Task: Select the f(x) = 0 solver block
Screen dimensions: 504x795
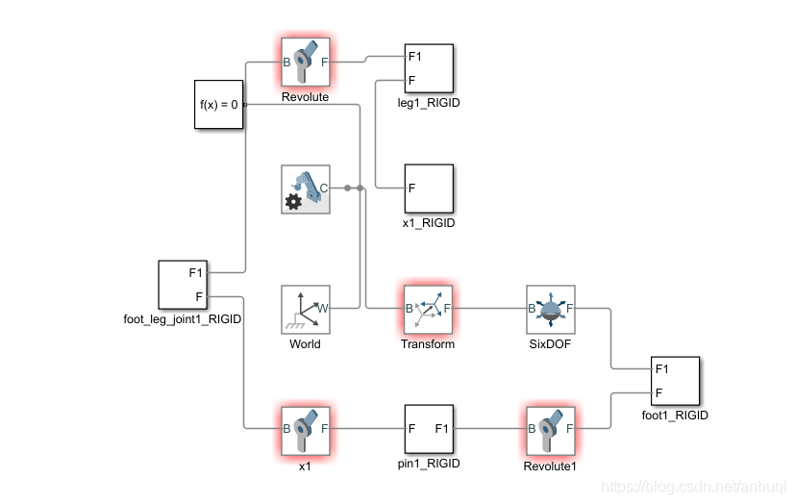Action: click(x=218, y=104)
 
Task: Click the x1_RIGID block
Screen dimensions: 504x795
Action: click(x=428, y=189)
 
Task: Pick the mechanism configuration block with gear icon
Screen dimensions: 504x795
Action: click(x=305, y=189)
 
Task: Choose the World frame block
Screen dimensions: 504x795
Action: click(x=305, y=309)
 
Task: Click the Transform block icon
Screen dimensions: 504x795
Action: click(x=428, y=309)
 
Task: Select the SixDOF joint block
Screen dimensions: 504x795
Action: click(x=550, y=309)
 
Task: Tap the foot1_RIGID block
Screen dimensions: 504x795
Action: click(x=674, y=381)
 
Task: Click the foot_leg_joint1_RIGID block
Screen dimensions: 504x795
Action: click(x=183, y=284)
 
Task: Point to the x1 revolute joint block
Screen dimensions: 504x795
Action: click(x=305, y=429)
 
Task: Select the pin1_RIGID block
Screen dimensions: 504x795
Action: click(x=428, y=429)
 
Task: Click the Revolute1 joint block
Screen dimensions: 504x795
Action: click(x=550, y=429)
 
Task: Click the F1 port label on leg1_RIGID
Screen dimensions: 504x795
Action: click(x=414, y=57)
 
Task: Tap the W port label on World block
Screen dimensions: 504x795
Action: click(x=323, y=309)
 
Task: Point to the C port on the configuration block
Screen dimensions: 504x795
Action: click(x=324, y=189)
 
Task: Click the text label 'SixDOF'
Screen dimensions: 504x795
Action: click(x=550, y=343)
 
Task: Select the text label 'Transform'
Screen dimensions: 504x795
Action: click(x=428, y=343)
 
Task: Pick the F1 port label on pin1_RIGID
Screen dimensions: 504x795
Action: click(x=442, y=429)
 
